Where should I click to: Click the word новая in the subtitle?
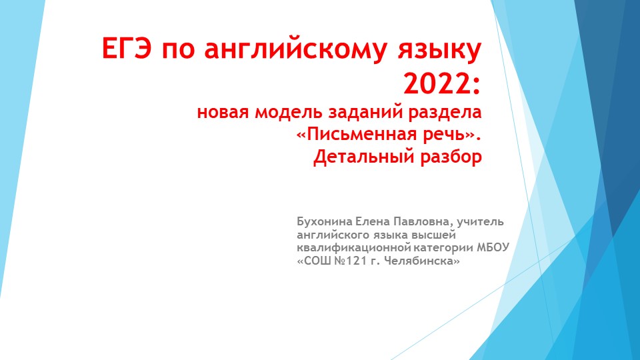tap(222, 113)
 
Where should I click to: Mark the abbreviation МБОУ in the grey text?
tap(493, 248)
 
